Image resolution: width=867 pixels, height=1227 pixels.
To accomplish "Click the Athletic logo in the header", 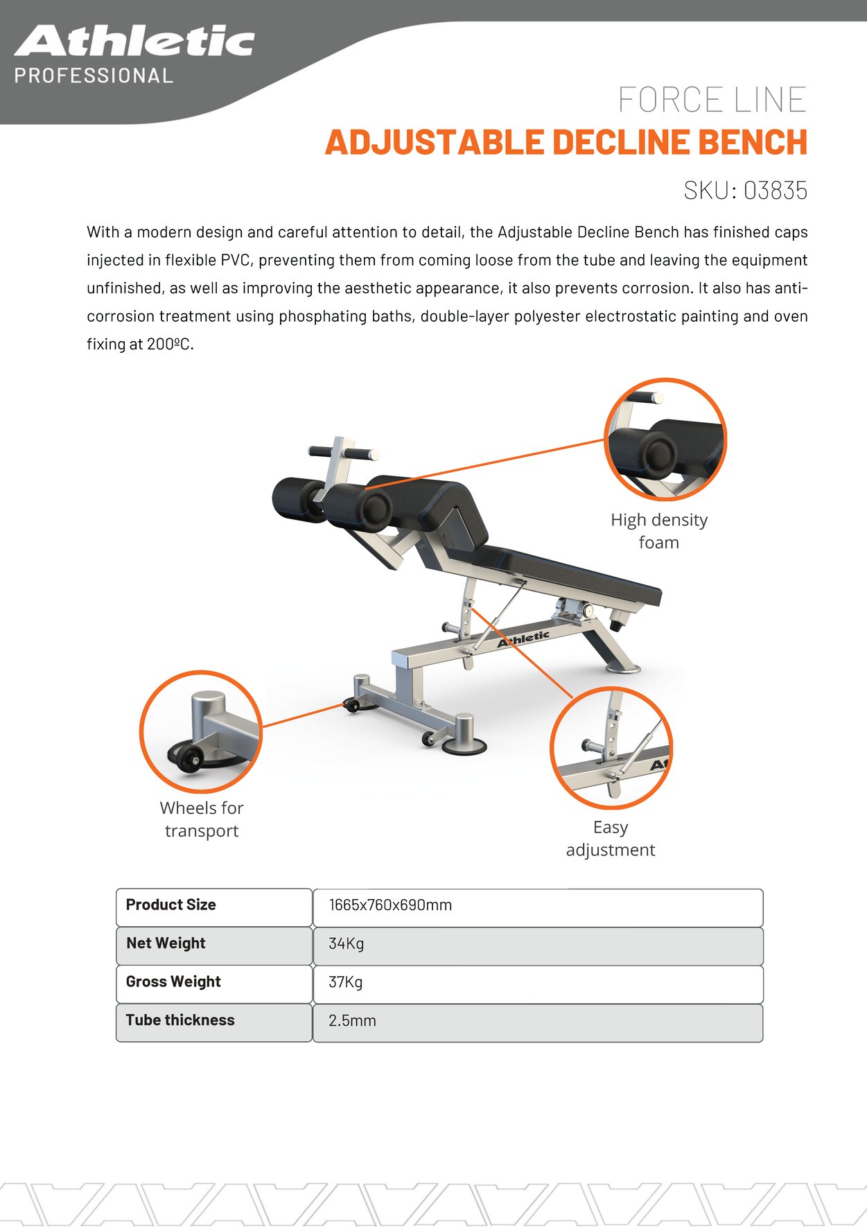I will coord(134,42).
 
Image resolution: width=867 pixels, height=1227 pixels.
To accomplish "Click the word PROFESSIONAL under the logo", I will coord(94,76).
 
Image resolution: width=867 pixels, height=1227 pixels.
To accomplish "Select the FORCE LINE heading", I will coord(712,100).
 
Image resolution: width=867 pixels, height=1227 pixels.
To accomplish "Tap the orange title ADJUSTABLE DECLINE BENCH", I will coord(566,142).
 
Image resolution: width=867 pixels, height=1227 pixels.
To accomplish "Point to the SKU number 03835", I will coord(775,191).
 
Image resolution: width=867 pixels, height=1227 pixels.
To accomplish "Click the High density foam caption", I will coord(658,531).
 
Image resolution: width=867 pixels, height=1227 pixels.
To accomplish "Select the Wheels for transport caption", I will coord(202,819).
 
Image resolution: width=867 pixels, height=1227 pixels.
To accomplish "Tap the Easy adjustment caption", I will coord(610,838).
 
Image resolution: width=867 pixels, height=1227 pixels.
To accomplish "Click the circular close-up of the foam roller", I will coord(665,440).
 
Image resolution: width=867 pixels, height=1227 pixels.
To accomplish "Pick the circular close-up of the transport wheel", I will coord(201,731).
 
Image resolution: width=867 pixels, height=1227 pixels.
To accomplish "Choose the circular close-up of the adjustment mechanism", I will coord(611,749).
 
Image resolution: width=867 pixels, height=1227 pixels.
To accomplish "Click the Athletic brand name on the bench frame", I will coord(523,638).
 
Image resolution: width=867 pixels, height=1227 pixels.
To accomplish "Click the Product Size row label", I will coord(170,905).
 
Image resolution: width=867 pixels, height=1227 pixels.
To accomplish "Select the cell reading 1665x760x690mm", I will coord(390,905).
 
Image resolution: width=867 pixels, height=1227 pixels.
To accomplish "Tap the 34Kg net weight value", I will coord(346,943).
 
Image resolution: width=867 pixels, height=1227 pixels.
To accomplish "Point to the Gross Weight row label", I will coord(173,982).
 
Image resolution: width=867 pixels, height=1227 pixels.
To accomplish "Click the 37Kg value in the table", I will coord(345,982).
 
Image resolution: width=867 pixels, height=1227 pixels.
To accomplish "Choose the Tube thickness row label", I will coord(180,1020).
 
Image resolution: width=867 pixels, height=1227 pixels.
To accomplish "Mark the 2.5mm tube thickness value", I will coord(352,1021).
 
